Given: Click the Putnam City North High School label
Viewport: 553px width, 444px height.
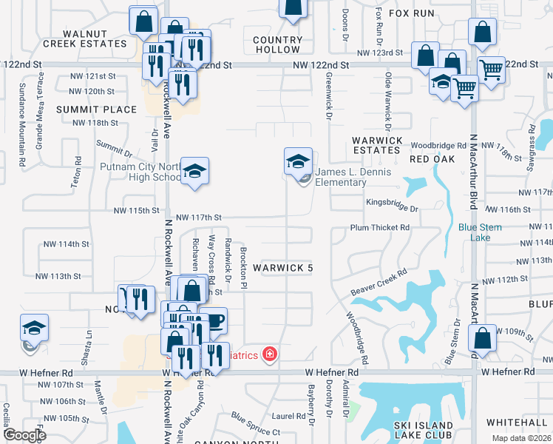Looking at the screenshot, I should click(x=140, y=172).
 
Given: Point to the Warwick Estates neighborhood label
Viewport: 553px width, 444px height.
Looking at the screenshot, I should click(x=377, y=145).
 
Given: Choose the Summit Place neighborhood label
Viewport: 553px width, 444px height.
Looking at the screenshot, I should click(x=97, y=110).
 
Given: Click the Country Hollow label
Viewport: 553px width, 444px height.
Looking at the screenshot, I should click(x=278, y=44).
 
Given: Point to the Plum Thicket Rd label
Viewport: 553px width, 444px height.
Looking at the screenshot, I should click(x=379, y=228).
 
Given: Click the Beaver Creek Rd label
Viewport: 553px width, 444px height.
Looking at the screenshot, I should click(x=380, y=282).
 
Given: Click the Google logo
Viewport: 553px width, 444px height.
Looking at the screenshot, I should click(x=24, y=434).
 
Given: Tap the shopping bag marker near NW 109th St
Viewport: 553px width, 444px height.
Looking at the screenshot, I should click(x=482, y=341).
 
